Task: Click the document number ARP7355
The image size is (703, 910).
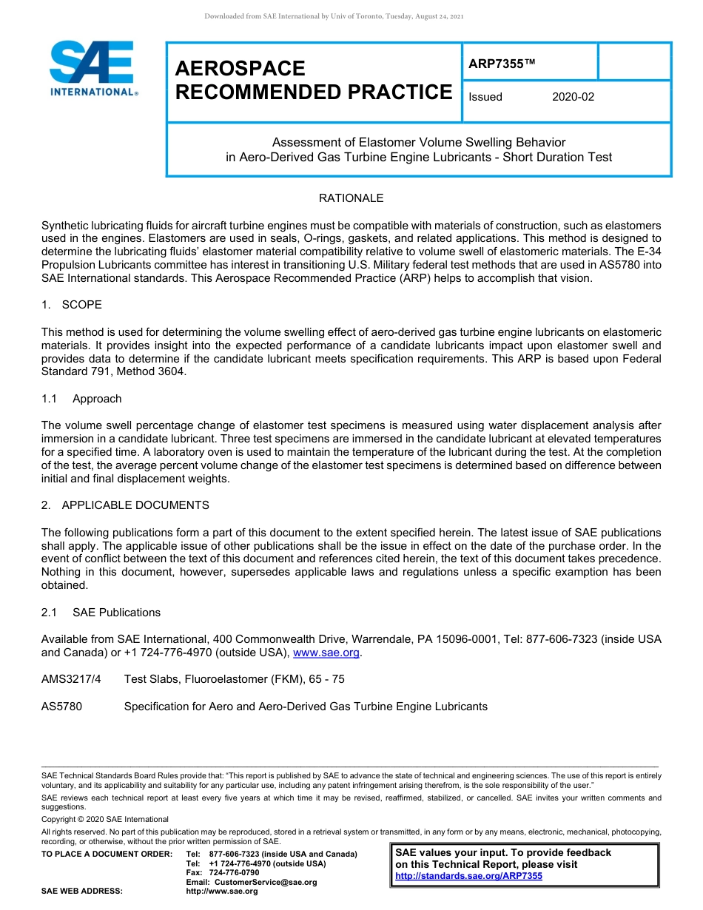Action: click(500, 64)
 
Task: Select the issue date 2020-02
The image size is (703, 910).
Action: click(573, 97)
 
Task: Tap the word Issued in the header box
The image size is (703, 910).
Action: click(485, 97)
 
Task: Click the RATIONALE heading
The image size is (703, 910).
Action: click(351, 198)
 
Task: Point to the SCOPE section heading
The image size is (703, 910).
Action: click(81, 305)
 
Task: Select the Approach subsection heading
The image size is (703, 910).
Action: click(97, 399)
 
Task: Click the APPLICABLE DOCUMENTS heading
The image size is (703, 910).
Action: click(135, 505)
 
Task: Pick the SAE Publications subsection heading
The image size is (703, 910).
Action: click(116, 613)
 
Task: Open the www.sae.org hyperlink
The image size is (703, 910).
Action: click(326, 653)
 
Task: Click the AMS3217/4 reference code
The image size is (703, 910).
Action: click(71, 679)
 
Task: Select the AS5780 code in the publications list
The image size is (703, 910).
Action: click(61, 707)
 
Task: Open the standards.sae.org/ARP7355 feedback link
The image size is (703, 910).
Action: click(468, 876)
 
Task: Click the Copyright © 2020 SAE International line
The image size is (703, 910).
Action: click(105, 819)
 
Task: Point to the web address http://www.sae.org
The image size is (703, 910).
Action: click(222, 892)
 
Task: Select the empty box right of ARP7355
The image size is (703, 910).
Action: click(633, 61)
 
